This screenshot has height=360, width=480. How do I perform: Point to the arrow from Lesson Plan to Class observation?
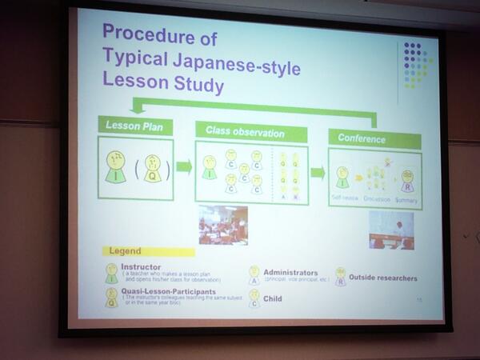[x=185, y=166]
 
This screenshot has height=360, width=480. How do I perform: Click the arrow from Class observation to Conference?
[x=318, y=172]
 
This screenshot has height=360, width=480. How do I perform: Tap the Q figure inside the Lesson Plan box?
[x=153, y=168]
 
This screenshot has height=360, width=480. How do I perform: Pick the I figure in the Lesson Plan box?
[x=115, y=165]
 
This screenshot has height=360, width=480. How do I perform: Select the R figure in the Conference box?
[x=407, y=180]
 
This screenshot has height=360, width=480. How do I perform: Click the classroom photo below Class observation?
[x=223, y=225]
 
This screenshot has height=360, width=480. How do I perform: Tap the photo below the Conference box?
[x=391, y=230]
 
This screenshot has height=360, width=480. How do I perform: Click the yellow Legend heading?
[x=126, y=251]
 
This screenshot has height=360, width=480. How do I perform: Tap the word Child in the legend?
[x=274, y=298]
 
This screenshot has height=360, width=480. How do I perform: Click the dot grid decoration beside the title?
[x=416, y=63]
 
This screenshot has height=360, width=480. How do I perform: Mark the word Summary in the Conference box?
[x=407, y=197]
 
